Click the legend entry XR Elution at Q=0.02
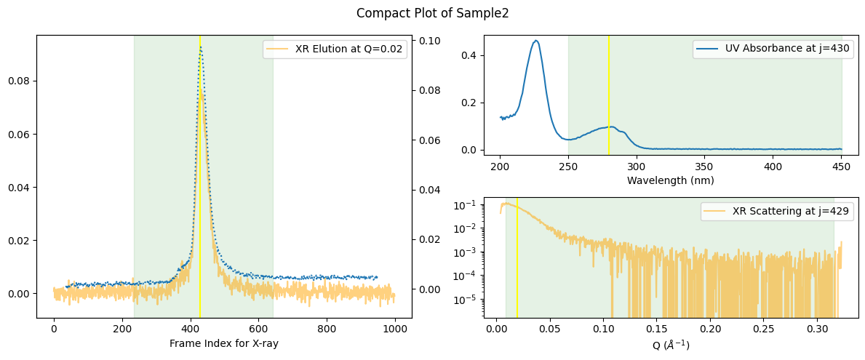click(x=350, y=49)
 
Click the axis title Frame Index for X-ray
click(x=224, y=343)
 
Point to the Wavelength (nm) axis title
click(x=670, y=180)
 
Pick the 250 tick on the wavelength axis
click(x=568, y=166)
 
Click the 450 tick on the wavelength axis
click(x=841, y=166)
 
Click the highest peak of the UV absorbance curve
click(x=536, y=41)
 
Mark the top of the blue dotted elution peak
click(x=200, y=47)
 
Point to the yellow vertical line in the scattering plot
click(x=517, y=262)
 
